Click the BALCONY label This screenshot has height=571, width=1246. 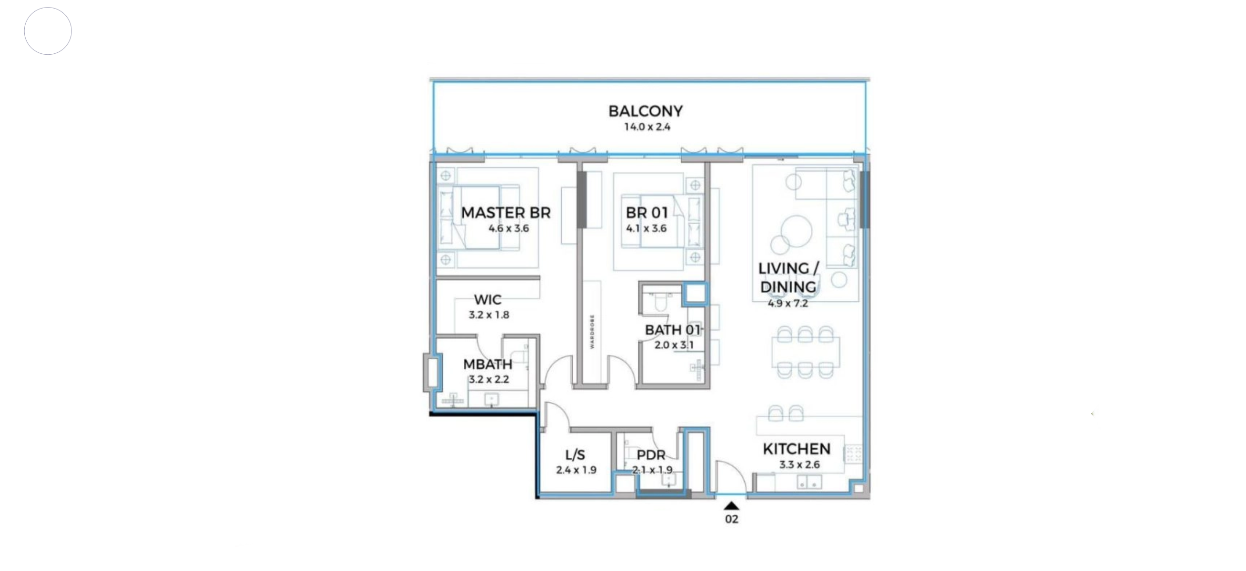point(645,111)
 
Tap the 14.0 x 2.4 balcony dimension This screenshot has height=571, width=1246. point(647,127)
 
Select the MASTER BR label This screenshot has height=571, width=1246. point(506,213)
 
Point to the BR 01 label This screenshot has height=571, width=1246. point(647,213)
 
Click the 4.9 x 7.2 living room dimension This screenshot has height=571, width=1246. point(788,304)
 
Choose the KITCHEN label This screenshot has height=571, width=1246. point(797,449)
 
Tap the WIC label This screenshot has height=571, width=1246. point(488,300)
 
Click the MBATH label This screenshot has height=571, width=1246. point(488,364)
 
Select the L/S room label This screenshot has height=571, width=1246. point(575,455)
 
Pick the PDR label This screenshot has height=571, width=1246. point(651,455)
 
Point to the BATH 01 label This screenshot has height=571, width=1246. point(673,330)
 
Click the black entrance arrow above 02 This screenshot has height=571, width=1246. point(731,506)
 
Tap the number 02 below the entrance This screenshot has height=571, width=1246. point(731,519)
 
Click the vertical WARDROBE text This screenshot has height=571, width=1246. point(592,332)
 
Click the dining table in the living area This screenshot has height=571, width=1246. point(806,352)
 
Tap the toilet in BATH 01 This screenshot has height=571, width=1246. point(660,302)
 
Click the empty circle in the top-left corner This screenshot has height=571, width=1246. point(48,31)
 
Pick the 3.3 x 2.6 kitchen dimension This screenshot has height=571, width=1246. point(799,465)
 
